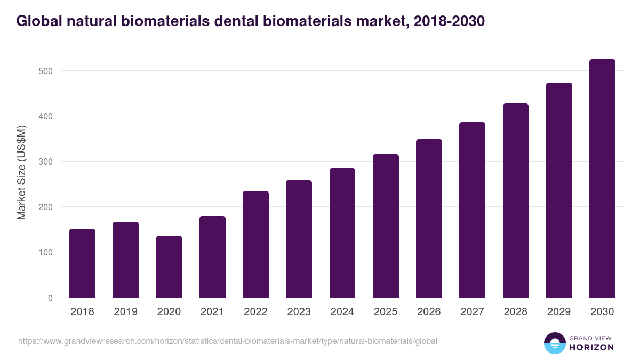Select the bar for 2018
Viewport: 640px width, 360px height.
click(82, 263)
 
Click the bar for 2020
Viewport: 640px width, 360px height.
click(169, 267)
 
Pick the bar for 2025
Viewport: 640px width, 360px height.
click(386, 226)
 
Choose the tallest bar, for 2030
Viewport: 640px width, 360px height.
click(602, 179)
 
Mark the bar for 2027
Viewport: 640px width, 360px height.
click(472, 210)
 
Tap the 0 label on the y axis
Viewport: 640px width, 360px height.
click(50, 298)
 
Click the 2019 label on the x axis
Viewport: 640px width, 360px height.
click(126, 312)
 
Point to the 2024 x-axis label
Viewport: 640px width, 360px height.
click(342, 312)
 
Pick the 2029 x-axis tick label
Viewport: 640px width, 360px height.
click(559, 312)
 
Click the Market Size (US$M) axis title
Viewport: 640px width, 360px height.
click(21, 173)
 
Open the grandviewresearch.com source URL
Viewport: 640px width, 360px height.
click(228, 341)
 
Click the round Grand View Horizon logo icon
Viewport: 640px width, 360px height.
click(554, 343)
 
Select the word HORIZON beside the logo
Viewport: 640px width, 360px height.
click(591, 347)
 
